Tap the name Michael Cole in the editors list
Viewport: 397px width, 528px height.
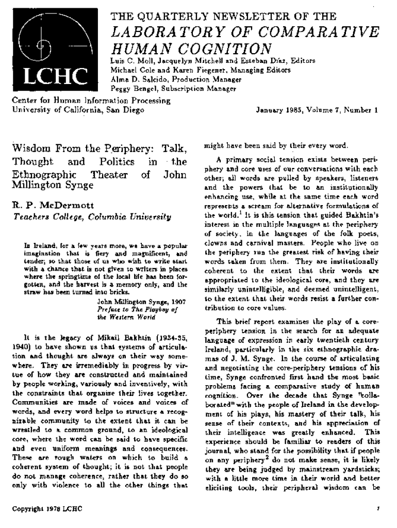(134, 70)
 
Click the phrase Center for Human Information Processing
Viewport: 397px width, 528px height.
(91, 101)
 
